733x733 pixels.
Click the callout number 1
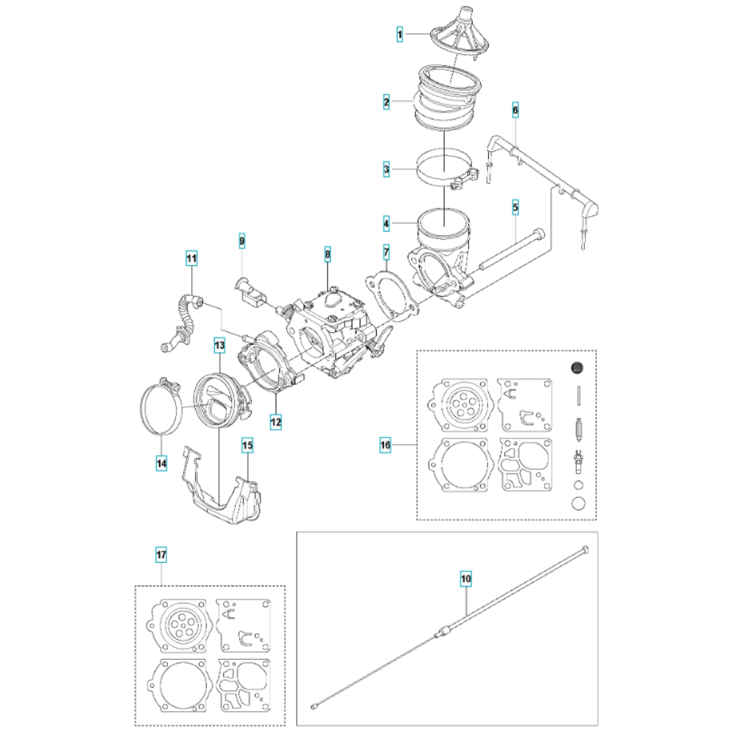(399, 34)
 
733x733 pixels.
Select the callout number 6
(515, 111)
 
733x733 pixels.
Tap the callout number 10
(466, 579)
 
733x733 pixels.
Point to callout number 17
(161, 555)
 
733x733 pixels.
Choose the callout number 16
(386, 445)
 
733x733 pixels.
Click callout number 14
(161, 463)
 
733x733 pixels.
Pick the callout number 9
(242, 241)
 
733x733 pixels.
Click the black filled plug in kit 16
(578, 368)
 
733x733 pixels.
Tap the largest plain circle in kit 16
(578, 504)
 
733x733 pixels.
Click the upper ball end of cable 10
(585, 549)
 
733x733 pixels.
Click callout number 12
(276, 421)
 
